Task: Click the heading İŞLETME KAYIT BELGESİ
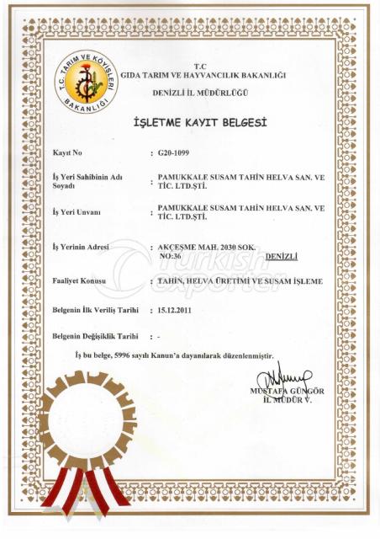coord(200,123)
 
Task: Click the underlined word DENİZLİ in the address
coord(282,254)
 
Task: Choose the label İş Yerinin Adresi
coord(82,247)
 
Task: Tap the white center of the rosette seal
coord(86,421)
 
